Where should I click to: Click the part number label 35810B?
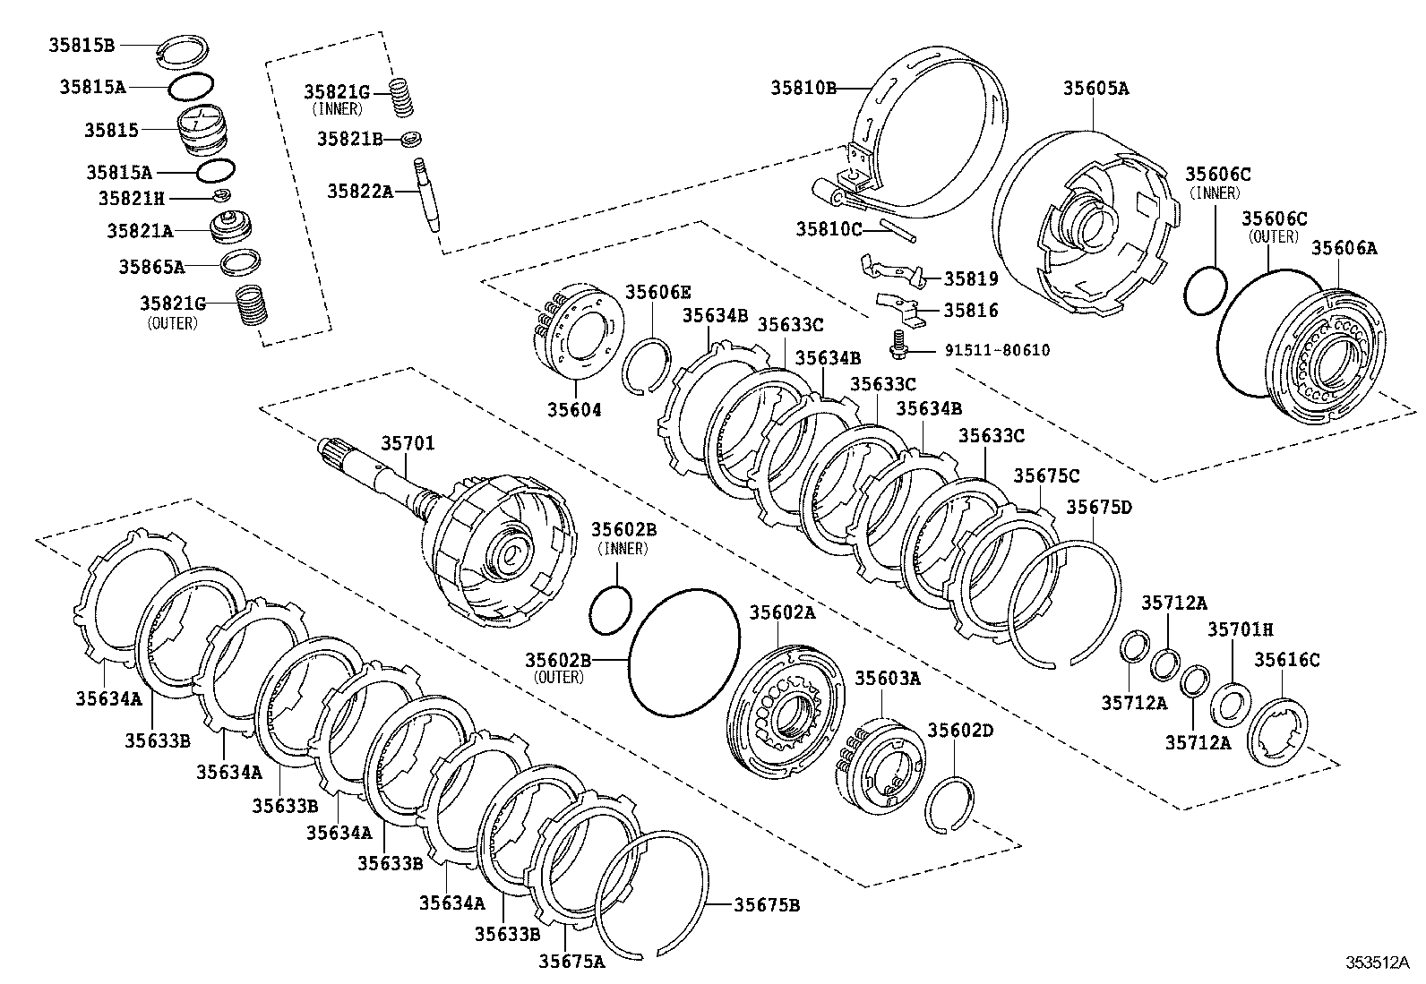[x=803, y=88]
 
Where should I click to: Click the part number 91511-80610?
[x=997, y=350]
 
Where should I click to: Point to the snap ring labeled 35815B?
[x=185, y=51]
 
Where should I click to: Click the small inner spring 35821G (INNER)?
[x=403, y=97]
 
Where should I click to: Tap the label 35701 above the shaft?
[x=408, y=443]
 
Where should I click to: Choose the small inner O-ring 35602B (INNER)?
[x=611, y=610]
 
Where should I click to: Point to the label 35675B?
[x=767, y=905]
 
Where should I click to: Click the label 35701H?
[x=1240, y=630]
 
